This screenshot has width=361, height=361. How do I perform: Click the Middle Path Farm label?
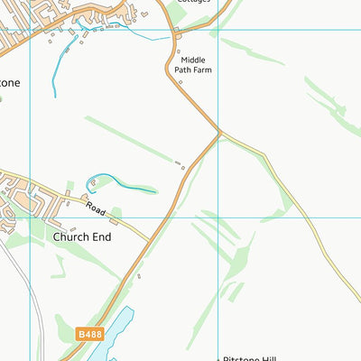pos(195,65)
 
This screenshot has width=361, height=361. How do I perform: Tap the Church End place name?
pos(81,237)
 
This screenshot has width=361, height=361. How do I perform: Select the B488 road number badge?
pos(89,334)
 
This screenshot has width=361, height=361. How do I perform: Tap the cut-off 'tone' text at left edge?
pos(9,82)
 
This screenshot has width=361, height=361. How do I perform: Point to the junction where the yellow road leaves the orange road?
pos(219,134)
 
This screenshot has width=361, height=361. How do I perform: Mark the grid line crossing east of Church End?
pos(218,217)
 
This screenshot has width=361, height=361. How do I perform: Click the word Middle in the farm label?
pos(195,60)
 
